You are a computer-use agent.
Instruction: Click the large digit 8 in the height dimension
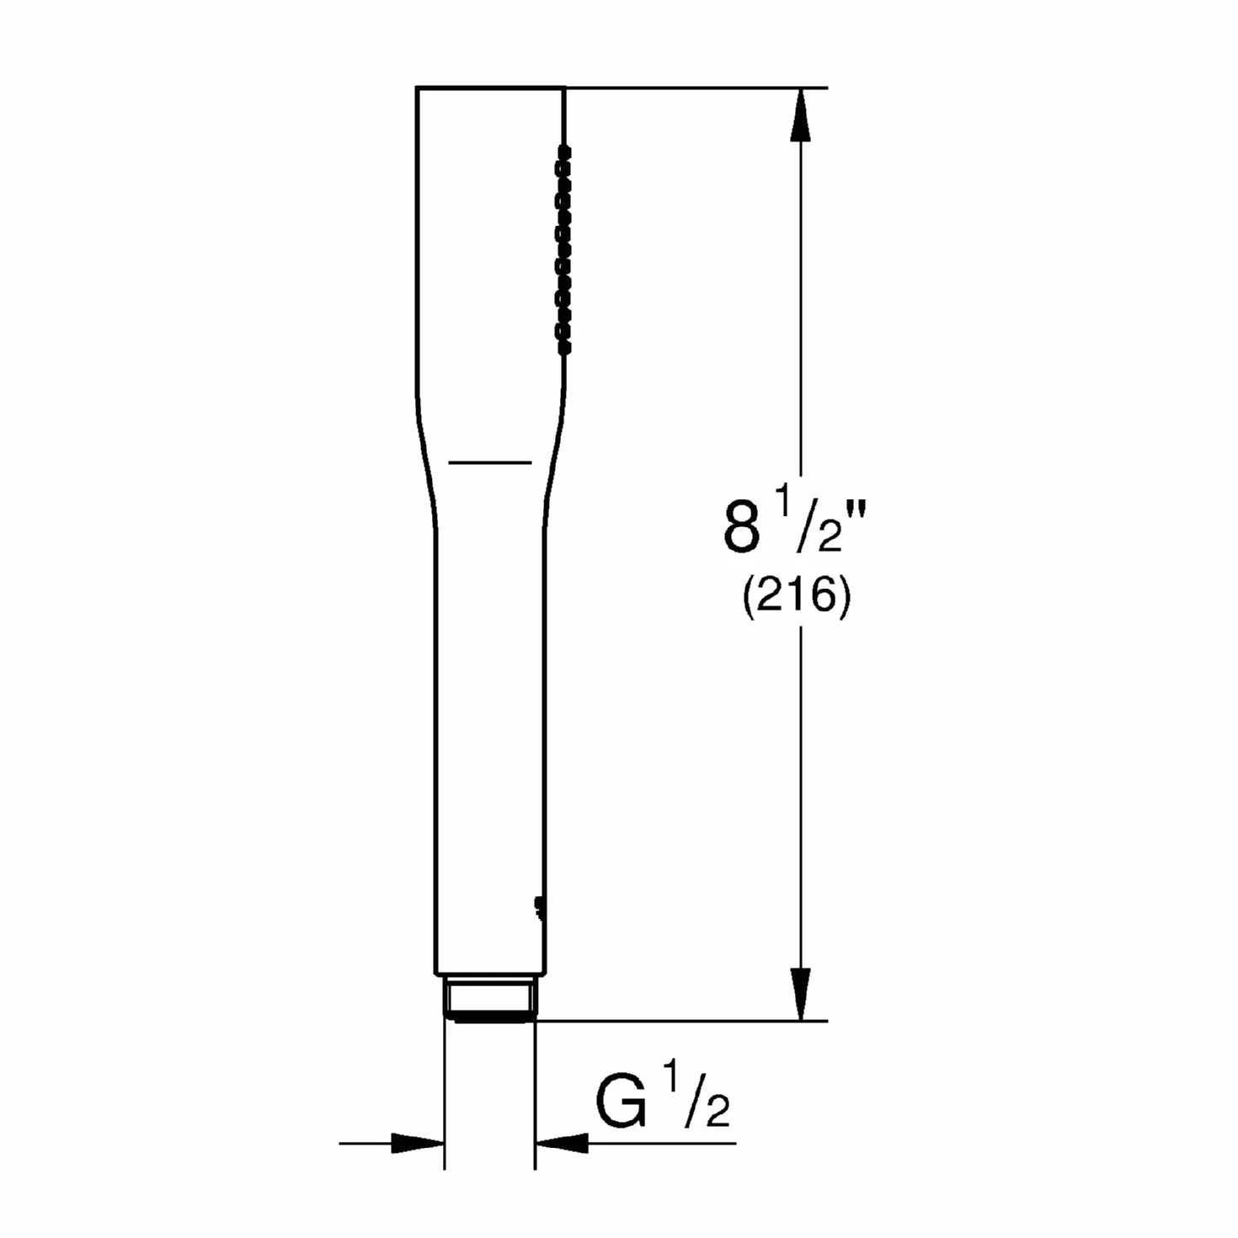741,528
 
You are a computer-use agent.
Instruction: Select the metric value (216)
796,597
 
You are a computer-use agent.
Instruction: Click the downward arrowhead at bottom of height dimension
801,993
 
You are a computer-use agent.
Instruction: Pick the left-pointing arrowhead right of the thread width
562,1143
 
